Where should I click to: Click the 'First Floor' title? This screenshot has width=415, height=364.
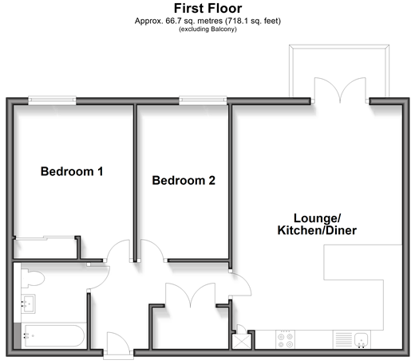pyautogui.click(x=207, y=8)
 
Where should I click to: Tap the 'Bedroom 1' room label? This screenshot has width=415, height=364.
pyautogui.click(x=72, y=171)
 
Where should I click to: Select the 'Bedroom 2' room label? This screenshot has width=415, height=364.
pyautogui.click(x=184, y=180)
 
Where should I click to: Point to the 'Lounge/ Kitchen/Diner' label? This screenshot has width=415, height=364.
pyautogui.click(x=317, y=225)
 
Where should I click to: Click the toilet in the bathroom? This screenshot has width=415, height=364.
pyautogui.click(x=33, y=278)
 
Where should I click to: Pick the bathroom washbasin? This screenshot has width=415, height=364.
pyautogui.click(x=28, y=303)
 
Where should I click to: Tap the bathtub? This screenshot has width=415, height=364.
pyautogui.click(x=53, y=335)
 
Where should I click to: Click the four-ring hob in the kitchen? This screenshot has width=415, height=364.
pyautogui.click(x=285, y=340)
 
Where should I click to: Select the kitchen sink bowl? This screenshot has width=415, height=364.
pyautogui.click(x=361, y=339)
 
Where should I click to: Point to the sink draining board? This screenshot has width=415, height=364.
pyautogui.click(x=344, y=339)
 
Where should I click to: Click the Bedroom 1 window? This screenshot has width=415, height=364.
pyautogui.click(x=52, y=100)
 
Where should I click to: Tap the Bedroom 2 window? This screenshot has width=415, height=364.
pyautogui.click(x=203, y=100)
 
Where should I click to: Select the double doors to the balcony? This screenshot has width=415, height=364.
pyautogui.click(x=340, y=90)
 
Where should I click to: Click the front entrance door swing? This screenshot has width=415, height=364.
pyautogui.click(x=118, y=342)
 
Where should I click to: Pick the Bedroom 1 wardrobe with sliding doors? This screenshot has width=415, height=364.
pyautogui.click(x=45, y=248)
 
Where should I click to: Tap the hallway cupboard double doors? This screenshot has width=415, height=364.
pyautogui.click(x=191, y=295)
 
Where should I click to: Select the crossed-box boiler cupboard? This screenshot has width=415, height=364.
pyautogui.click(x=241, y=342)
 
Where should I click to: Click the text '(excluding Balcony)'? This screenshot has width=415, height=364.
pyautogui.click(x=207, y=29)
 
